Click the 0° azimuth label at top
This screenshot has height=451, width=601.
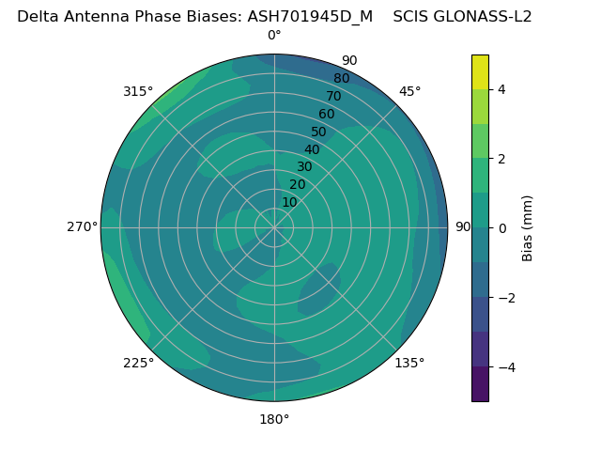(274, 36)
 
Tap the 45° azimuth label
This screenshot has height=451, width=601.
(410, 91)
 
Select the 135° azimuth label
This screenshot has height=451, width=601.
(409, 364)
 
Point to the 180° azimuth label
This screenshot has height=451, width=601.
(274, 419)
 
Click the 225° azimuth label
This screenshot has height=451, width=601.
(138, 364)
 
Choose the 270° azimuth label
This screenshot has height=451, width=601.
(83, 227)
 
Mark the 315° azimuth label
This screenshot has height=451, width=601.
(138, 91)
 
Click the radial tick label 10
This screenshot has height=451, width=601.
(289, 202)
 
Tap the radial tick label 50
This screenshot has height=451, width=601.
(319, 132)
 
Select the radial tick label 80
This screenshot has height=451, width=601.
(342, 79)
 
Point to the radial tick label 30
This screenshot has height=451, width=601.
(304, 167)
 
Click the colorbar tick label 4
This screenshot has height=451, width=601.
(501, 89)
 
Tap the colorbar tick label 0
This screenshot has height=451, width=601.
(501, 228)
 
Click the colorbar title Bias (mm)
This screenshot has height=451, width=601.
(528, 228)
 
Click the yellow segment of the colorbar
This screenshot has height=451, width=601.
(480, 72)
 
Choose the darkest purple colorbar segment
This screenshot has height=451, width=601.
(480, 384)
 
